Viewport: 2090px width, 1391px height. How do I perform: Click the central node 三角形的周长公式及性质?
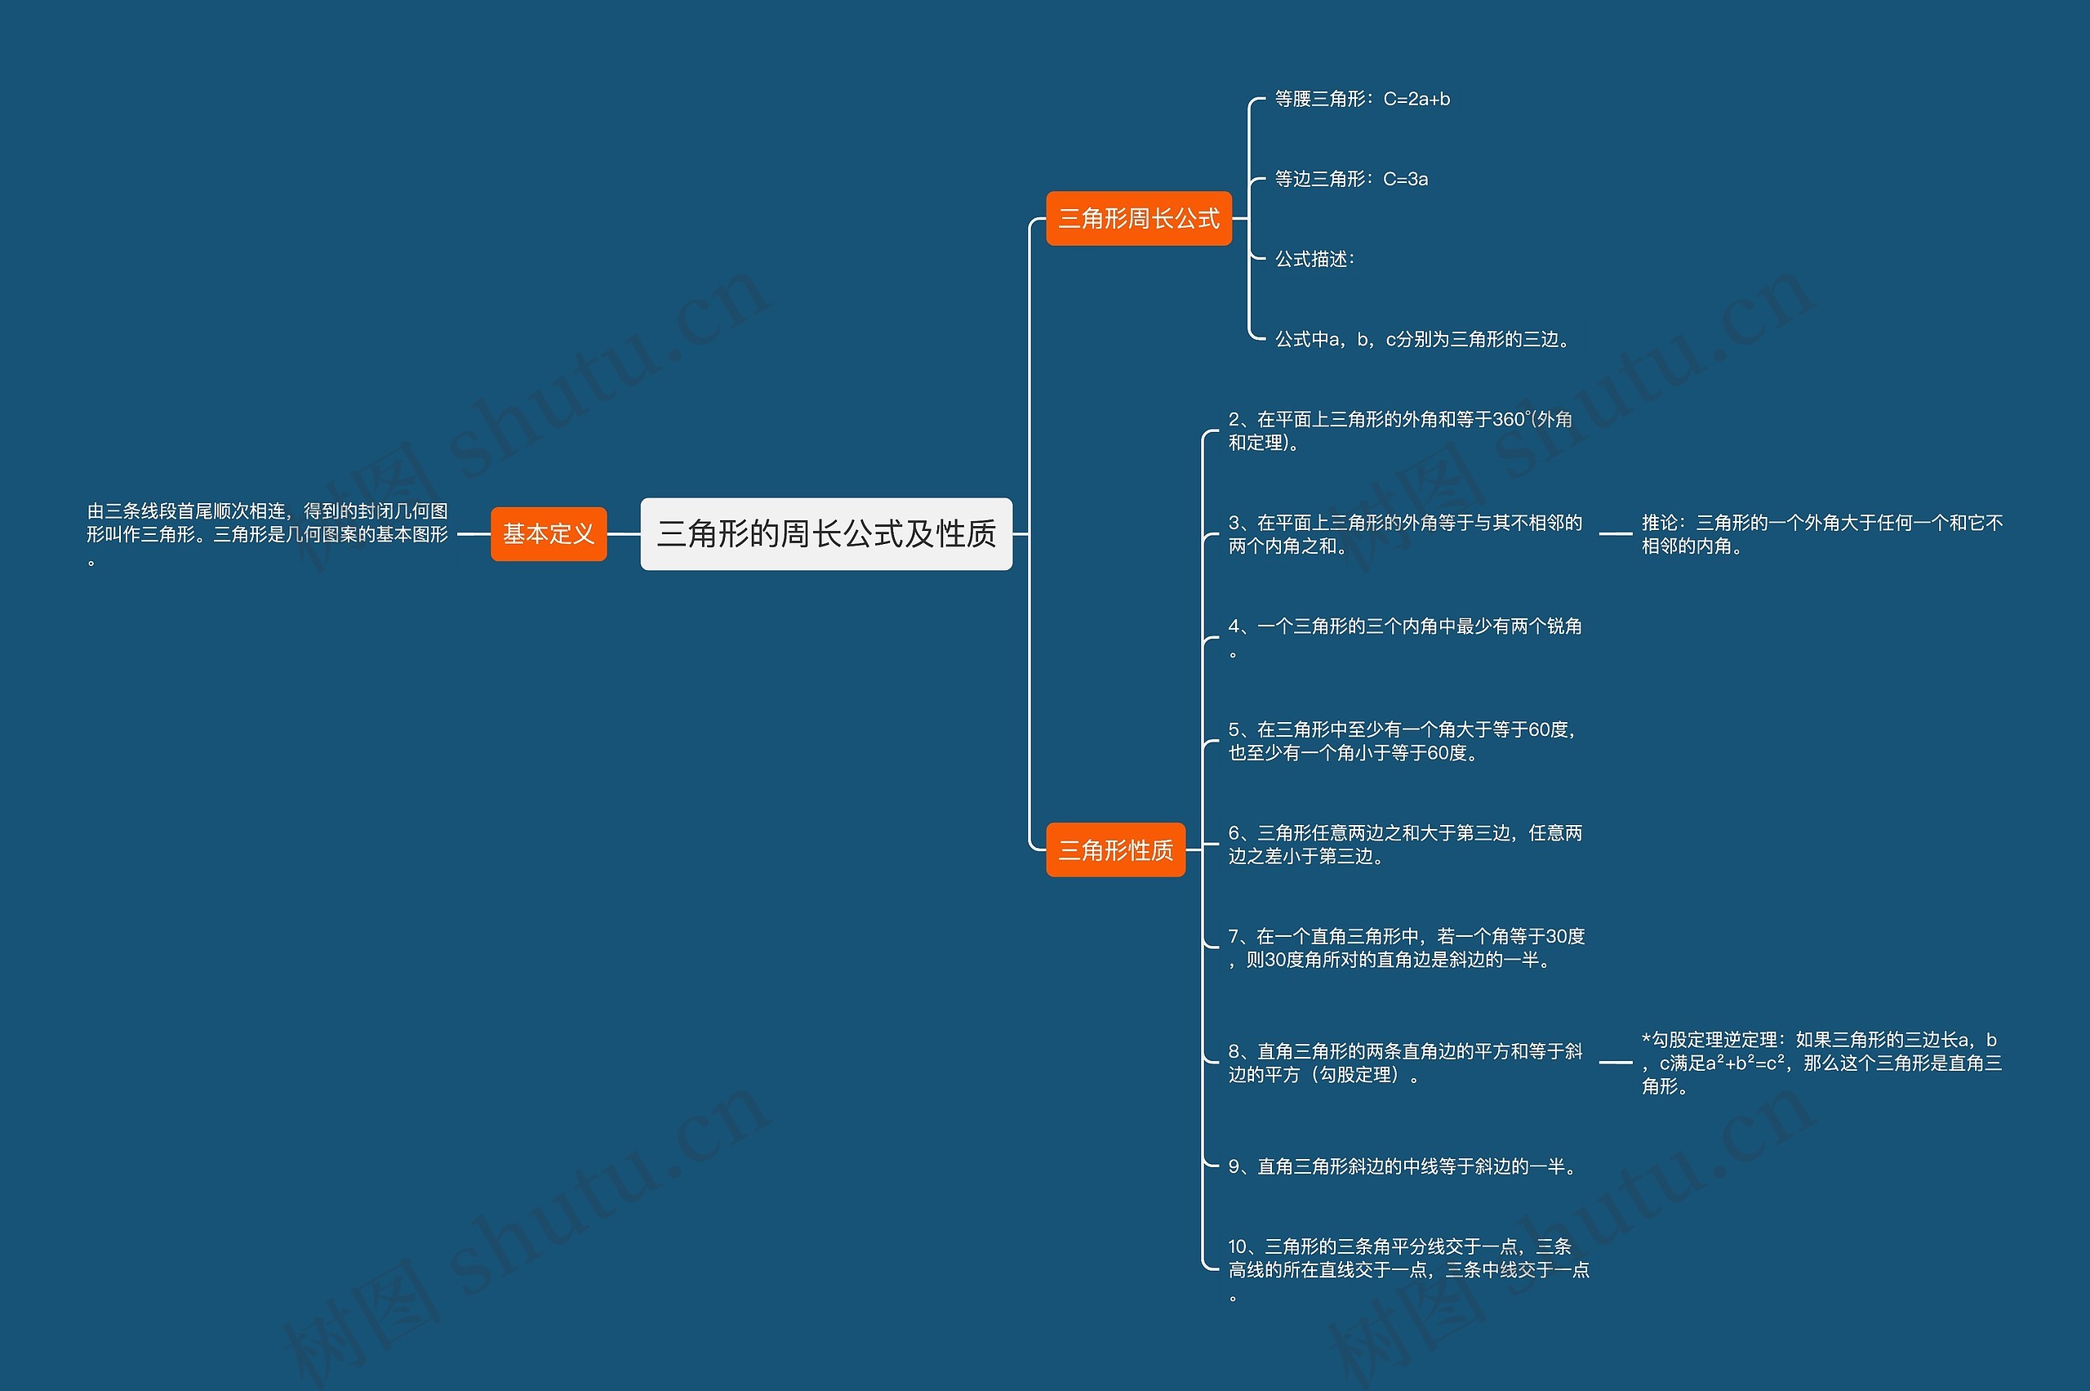(825, 534)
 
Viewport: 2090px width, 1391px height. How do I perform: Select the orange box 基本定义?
(548, 534)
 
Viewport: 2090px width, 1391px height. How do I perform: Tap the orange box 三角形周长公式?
(1139, 218)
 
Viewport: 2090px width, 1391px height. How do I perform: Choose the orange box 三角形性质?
(1114, 849)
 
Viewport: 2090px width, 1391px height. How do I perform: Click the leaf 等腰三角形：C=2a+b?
(1362, 100)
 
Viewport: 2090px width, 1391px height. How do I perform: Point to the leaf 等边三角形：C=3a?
(1350, 179)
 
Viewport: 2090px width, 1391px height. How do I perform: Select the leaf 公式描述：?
(1314, 259)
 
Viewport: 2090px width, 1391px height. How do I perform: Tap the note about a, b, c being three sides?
(1422, 339)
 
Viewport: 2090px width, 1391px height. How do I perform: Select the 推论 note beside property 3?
(1821, 534)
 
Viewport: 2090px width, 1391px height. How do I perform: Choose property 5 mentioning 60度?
(1401, 741)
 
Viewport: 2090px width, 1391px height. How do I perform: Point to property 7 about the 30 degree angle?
(1406, 947)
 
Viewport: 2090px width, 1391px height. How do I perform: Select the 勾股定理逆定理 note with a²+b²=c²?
(1821, 1063)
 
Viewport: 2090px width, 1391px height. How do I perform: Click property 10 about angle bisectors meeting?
(1408, 1269)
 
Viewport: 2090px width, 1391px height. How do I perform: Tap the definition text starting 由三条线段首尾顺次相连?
(267, 534)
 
